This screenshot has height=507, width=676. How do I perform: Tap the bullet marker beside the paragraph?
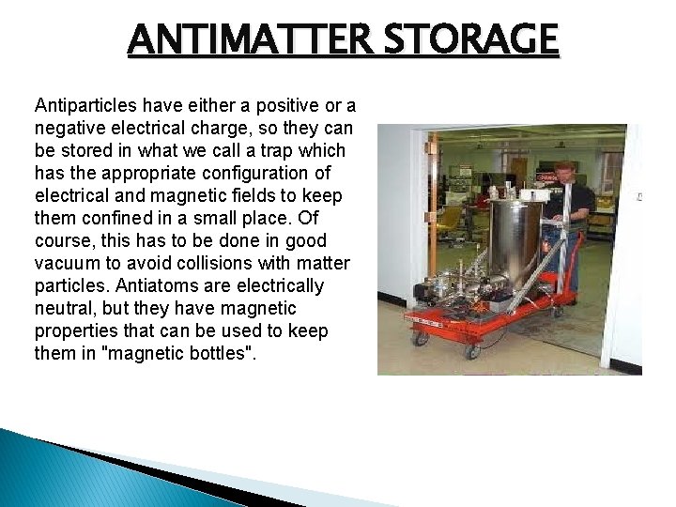(22, 106)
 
